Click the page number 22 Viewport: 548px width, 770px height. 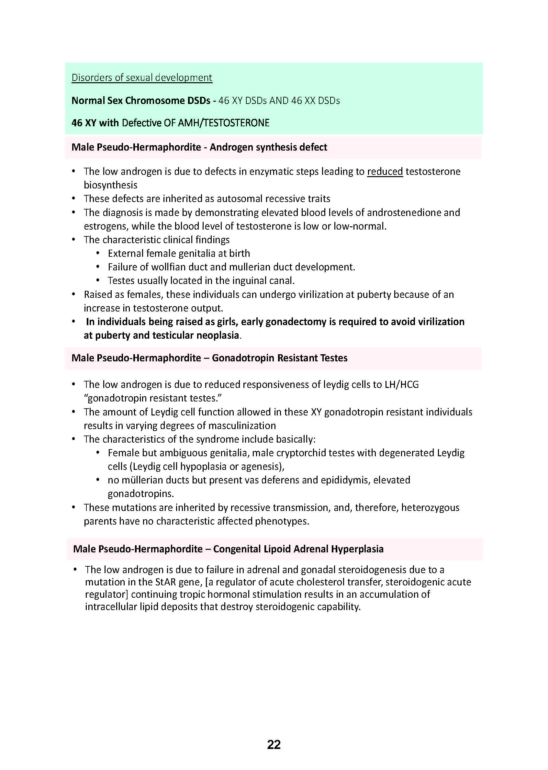coord(274,744)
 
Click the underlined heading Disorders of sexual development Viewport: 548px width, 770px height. coord(142,78)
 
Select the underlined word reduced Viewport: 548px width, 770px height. coord(385,172)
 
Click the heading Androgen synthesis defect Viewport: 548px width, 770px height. coord(268,147)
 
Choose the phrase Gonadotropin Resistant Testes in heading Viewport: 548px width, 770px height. coord(279,358)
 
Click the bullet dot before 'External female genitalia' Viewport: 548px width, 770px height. coord(98,253)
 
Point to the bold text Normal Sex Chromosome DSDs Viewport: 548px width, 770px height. coord(141,101)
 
